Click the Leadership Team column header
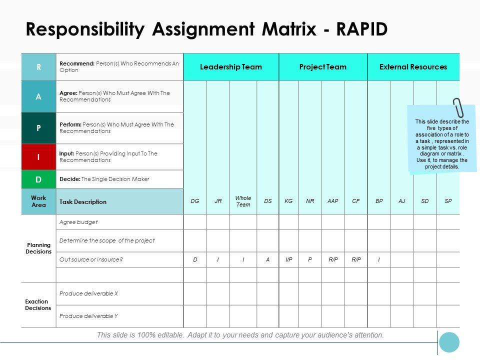click(231, 67)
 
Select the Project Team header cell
click(323, 67)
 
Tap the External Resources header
click(413, 67)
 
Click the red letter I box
click(38, 157)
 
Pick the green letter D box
click(38, 179)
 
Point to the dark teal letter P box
click(38, 128)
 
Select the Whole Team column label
click(243, 201)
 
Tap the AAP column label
click(333, 201)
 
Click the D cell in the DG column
click(195, 259)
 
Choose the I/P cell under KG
click(289, 259)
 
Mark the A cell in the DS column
click(268, 259)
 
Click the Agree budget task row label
click(79, 222)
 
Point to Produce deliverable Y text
click(88, 316)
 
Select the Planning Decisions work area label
click(38, 248)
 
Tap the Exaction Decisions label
click(38, 304)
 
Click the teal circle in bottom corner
click(449, 342)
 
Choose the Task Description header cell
click(83, 202)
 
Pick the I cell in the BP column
click(379, 259)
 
